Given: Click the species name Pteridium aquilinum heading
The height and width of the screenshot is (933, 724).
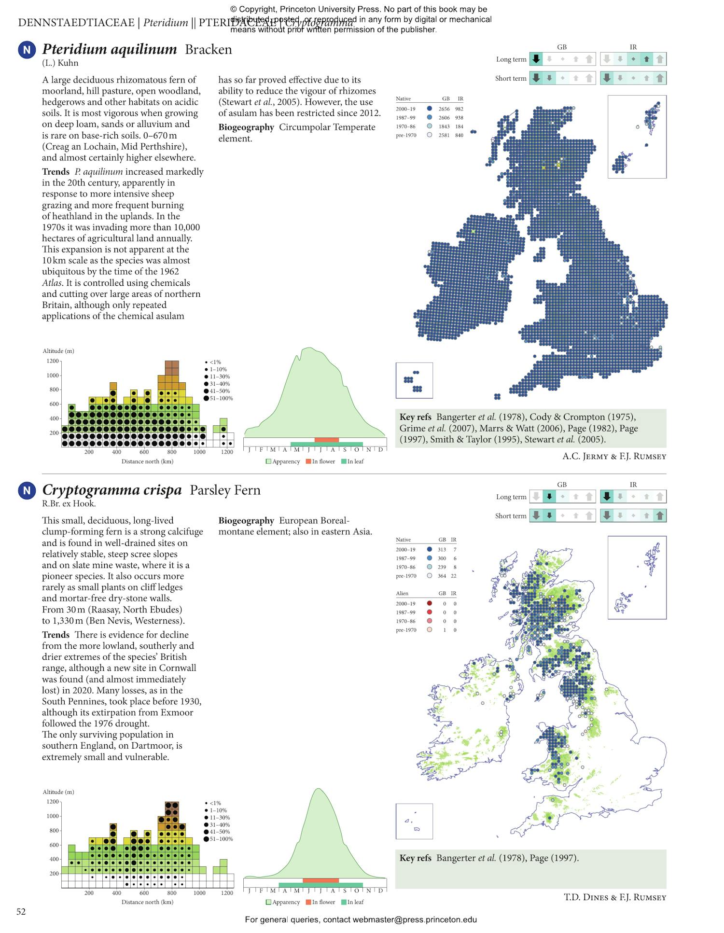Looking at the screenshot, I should click(x=110, y=49).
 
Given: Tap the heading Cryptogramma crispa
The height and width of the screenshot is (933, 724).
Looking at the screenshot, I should click(x=112, y=490).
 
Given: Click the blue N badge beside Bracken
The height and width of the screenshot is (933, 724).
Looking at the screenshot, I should click(x=27, y=50).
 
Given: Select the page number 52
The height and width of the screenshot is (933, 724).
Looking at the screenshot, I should click(x=21, y=912).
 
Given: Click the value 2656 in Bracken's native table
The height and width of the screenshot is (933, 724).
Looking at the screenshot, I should click(x=444, y=109).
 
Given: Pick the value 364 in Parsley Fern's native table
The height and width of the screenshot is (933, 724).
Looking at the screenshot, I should click(x=442, y=576).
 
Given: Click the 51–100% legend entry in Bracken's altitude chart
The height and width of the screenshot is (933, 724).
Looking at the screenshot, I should click(x=221, y=398).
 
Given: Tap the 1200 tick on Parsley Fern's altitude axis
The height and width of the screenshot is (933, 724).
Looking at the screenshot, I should click(x=53, y=802).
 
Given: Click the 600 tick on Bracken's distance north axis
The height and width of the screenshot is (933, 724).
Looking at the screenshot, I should click(x=144, y=452).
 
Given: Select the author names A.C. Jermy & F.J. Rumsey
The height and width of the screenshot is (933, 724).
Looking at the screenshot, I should click(x=614, y=456).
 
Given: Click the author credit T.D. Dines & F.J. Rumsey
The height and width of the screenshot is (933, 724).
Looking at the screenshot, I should click(x=614, y=897).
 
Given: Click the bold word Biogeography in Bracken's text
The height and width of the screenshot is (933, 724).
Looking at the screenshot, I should click(x=246, y=127).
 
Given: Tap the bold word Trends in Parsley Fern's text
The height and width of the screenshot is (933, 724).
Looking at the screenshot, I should click(x=56, y=635).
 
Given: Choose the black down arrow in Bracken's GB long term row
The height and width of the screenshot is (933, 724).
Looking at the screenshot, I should click(x=536, y=59).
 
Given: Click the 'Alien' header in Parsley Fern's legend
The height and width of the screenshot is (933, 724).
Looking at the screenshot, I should click(x=402, y=593).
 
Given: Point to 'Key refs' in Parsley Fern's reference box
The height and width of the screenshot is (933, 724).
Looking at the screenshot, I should click(x=415, y=858).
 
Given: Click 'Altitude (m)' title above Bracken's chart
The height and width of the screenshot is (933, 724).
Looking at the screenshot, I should click(x=58, y=351).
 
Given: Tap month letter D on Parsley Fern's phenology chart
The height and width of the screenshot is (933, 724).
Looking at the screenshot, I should click(x=380, y=891).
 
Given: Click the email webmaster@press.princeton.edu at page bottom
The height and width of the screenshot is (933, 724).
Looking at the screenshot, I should click(x=415, y=919).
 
